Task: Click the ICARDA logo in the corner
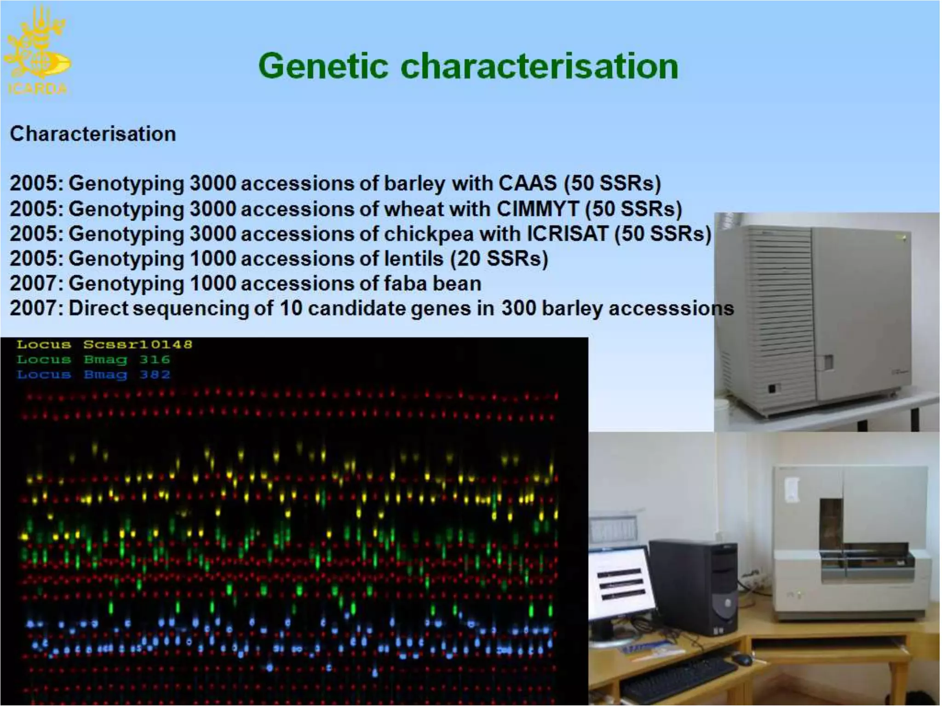(x=37, y=51)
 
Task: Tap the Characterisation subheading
(x=93, y=134)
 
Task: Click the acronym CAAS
(x=528, y=183)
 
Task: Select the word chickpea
(x=428, y=234)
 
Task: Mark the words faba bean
(x=432, y=283)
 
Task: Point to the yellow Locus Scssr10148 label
(x=104, y=344)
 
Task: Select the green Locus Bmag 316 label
(x=93, y=359)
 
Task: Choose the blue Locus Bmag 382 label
(x=93, y=375)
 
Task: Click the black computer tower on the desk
(x=693, y=587)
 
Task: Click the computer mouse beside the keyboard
(x=741, y=659)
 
